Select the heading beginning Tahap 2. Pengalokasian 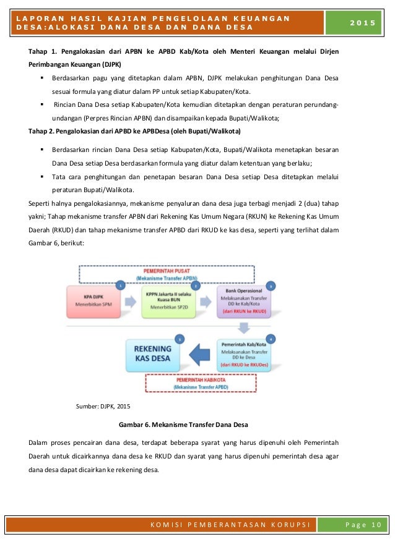point(136,132)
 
